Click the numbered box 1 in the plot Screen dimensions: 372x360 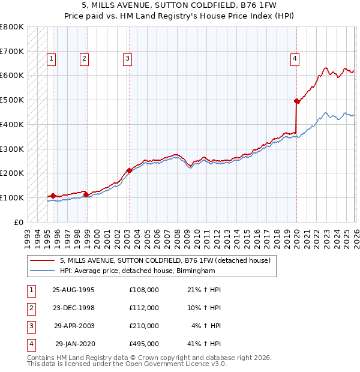pyautogui.click(x=52, y=59)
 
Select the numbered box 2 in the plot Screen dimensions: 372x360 pyautogui.click(x=84, y=59)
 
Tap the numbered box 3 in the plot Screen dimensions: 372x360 pyautogui.click(x=128, y=59)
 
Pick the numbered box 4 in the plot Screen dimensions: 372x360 pyautogui.click(x=295, y=59)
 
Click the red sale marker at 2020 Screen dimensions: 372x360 pyautogui.click(x=296, y=101)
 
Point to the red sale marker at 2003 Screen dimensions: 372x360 pyautogui.click(x=129, y=170)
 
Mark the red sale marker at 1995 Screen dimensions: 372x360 pyautogui.click(x=53, y=196)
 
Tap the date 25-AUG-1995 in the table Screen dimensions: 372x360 pyautogui.click(x=74, y=290)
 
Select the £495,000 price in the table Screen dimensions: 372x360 pyautogui.click(x=144, y=344)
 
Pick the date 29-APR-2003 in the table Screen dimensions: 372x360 pyautogui.click(x=74, y=326)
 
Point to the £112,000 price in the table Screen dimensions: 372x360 pyautogui.click(x=144, y=308)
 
